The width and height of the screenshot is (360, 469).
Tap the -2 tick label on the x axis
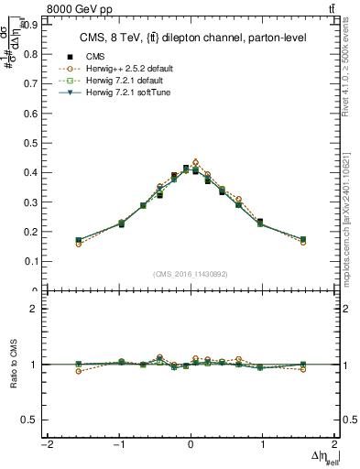pos(46,443)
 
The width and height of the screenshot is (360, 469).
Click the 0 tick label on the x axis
pos(190,443)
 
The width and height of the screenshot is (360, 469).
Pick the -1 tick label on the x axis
pos(117,443)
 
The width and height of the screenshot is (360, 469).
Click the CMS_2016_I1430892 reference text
pos(190,274)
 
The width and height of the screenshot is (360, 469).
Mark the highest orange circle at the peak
pos(195,162)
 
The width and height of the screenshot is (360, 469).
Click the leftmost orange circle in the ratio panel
pos(79,371)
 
